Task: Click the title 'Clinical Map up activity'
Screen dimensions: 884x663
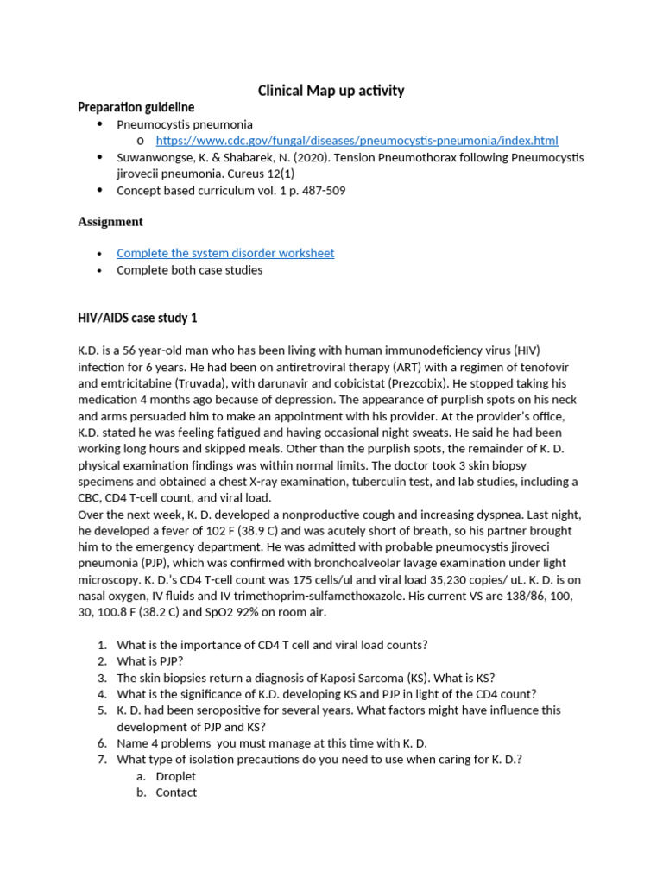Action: (x=331, y=91)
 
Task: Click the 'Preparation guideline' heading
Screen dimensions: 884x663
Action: (x=136, y=107)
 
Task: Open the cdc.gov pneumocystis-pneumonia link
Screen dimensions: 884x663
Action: (x=357, y=141)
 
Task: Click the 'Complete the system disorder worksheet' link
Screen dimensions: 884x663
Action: (x=225, y=253)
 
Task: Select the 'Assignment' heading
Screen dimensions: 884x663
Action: (x=110, y=222)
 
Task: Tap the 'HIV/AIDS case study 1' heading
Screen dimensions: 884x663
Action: (x=138, y=318)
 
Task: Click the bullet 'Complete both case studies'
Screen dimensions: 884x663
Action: (x=189, y=270)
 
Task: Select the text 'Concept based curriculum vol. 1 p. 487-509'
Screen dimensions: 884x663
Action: (x=230, y=191)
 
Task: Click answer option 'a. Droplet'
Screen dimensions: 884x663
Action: (x=175, y=776)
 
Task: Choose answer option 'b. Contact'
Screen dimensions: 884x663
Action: (x=176, y=792)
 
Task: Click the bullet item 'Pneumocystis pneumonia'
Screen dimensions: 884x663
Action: (x=185, y=124)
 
